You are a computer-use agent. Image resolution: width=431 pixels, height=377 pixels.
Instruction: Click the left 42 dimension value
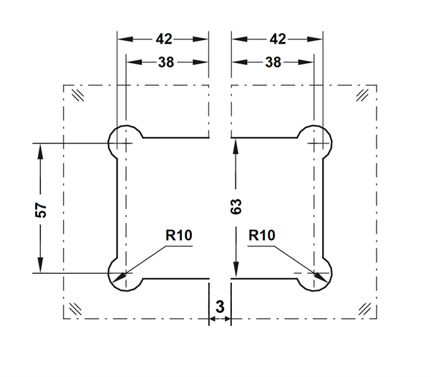click(x=164, y=39)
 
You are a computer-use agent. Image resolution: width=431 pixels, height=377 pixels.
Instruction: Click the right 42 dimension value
click(x=279, y=39)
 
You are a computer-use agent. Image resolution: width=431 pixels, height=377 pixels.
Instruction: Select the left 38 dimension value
click(x=166, y=62)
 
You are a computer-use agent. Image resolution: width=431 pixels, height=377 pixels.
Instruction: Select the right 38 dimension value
click(x=273, y=62)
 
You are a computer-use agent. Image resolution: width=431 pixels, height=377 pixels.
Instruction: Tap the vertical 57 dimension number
click(x=41, y=210)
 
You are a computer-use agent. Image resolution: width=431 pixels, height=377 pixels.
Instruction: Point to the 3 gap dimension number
click(x=220, y=307)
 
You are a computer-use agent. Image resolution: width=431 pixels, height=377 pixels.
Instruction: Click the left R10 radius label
click(x=179, y=234)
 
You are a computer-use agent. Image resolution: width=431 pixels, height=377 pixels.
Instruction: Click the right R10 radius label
click(x=261, y=234)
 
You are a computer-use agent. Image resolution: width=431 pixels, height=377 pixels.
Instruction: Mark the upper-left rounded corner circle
click(x=125, y=142)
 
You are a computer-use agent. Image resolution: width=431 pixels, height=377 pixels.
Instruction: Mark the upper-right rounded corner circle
click(x=315, y=142)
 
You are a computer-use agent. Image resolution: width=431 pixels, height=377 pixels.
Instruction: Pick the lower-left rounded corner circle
click(x=125, y=274)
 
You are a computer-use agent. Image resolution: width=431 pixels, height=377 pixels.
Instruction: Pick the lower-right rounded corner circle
click(x=315, y=274)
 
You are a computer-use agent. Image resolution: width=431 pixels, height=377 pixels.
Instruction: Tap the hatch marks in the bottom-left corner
click(x=74, y=309)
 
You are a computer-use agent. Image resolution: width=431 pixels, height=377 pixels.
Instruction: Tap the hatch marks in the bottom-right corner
click(x=365, y=309)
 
